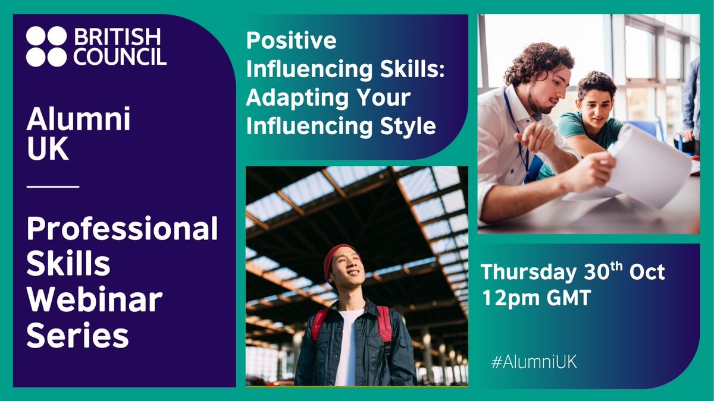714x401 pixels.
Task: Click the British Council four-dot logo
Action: click(x=46, y=46)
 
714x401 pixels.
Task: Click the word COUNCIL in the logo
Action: click(x=120, y=56)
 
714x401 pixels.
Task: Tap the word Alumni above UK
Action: click(x=78, y=122)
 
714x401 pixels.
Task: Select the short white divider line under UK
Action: click(x=53, y=187)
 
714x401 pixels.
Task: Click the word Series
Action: click(x=77, y=337)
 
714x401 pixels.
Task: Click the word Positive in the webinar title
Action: click(x=291, y=42)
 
